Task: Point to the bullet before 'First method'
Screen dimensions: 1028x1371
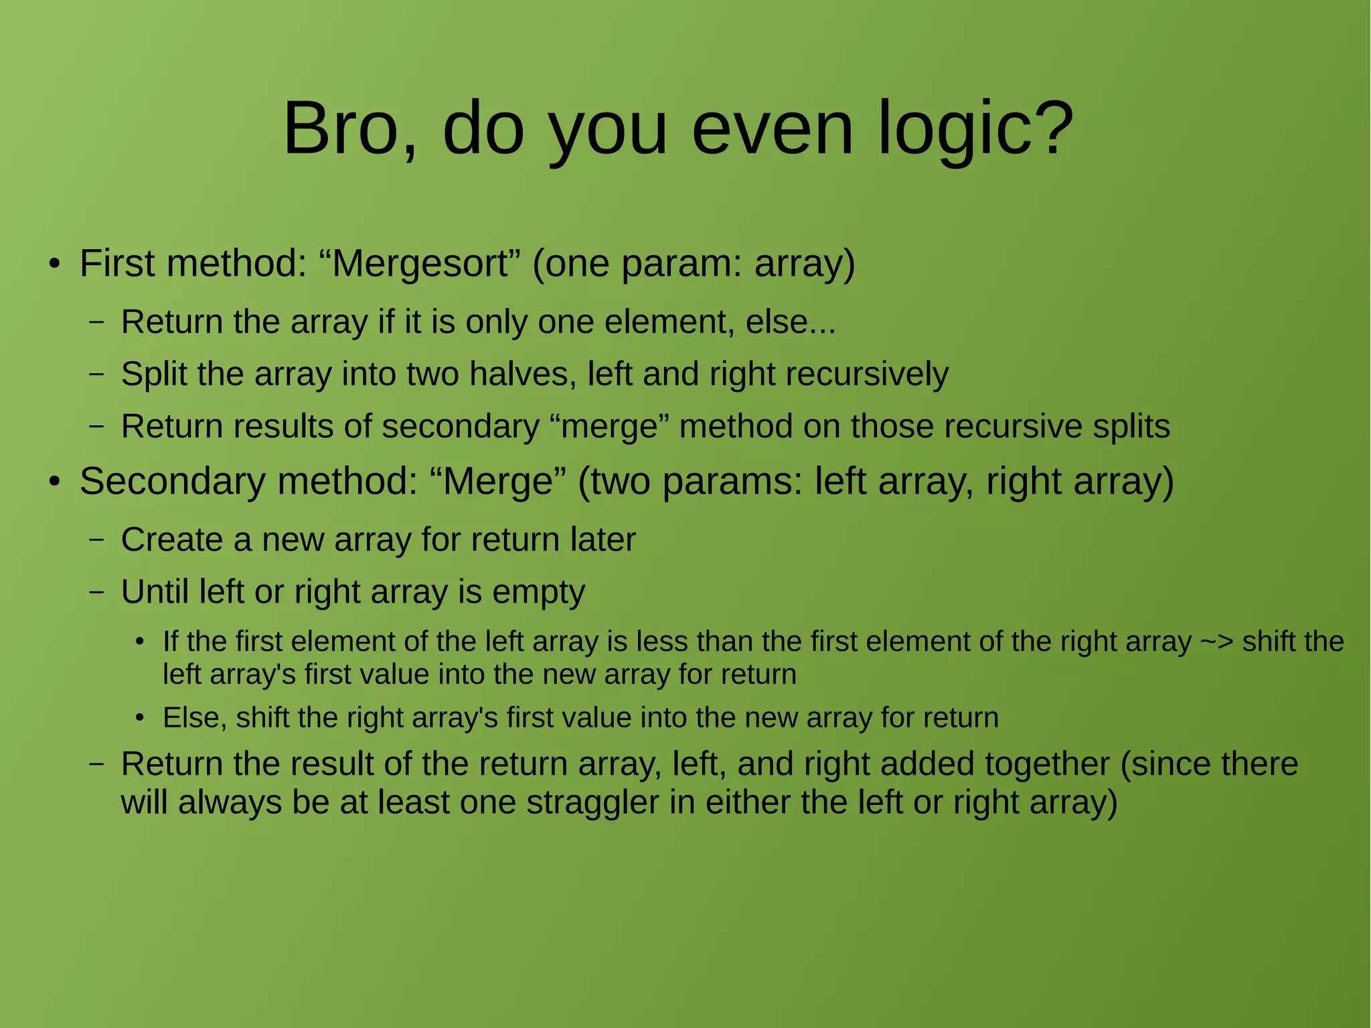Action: click(55, 265)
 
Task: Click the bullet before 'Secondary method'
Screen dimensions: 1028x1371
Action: click(55, 482)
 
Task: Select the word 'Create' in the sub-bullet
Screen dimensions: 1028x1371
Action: click(172, 540)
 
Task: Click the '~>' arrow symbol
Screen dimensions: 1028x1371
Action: click(1216, 642)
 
